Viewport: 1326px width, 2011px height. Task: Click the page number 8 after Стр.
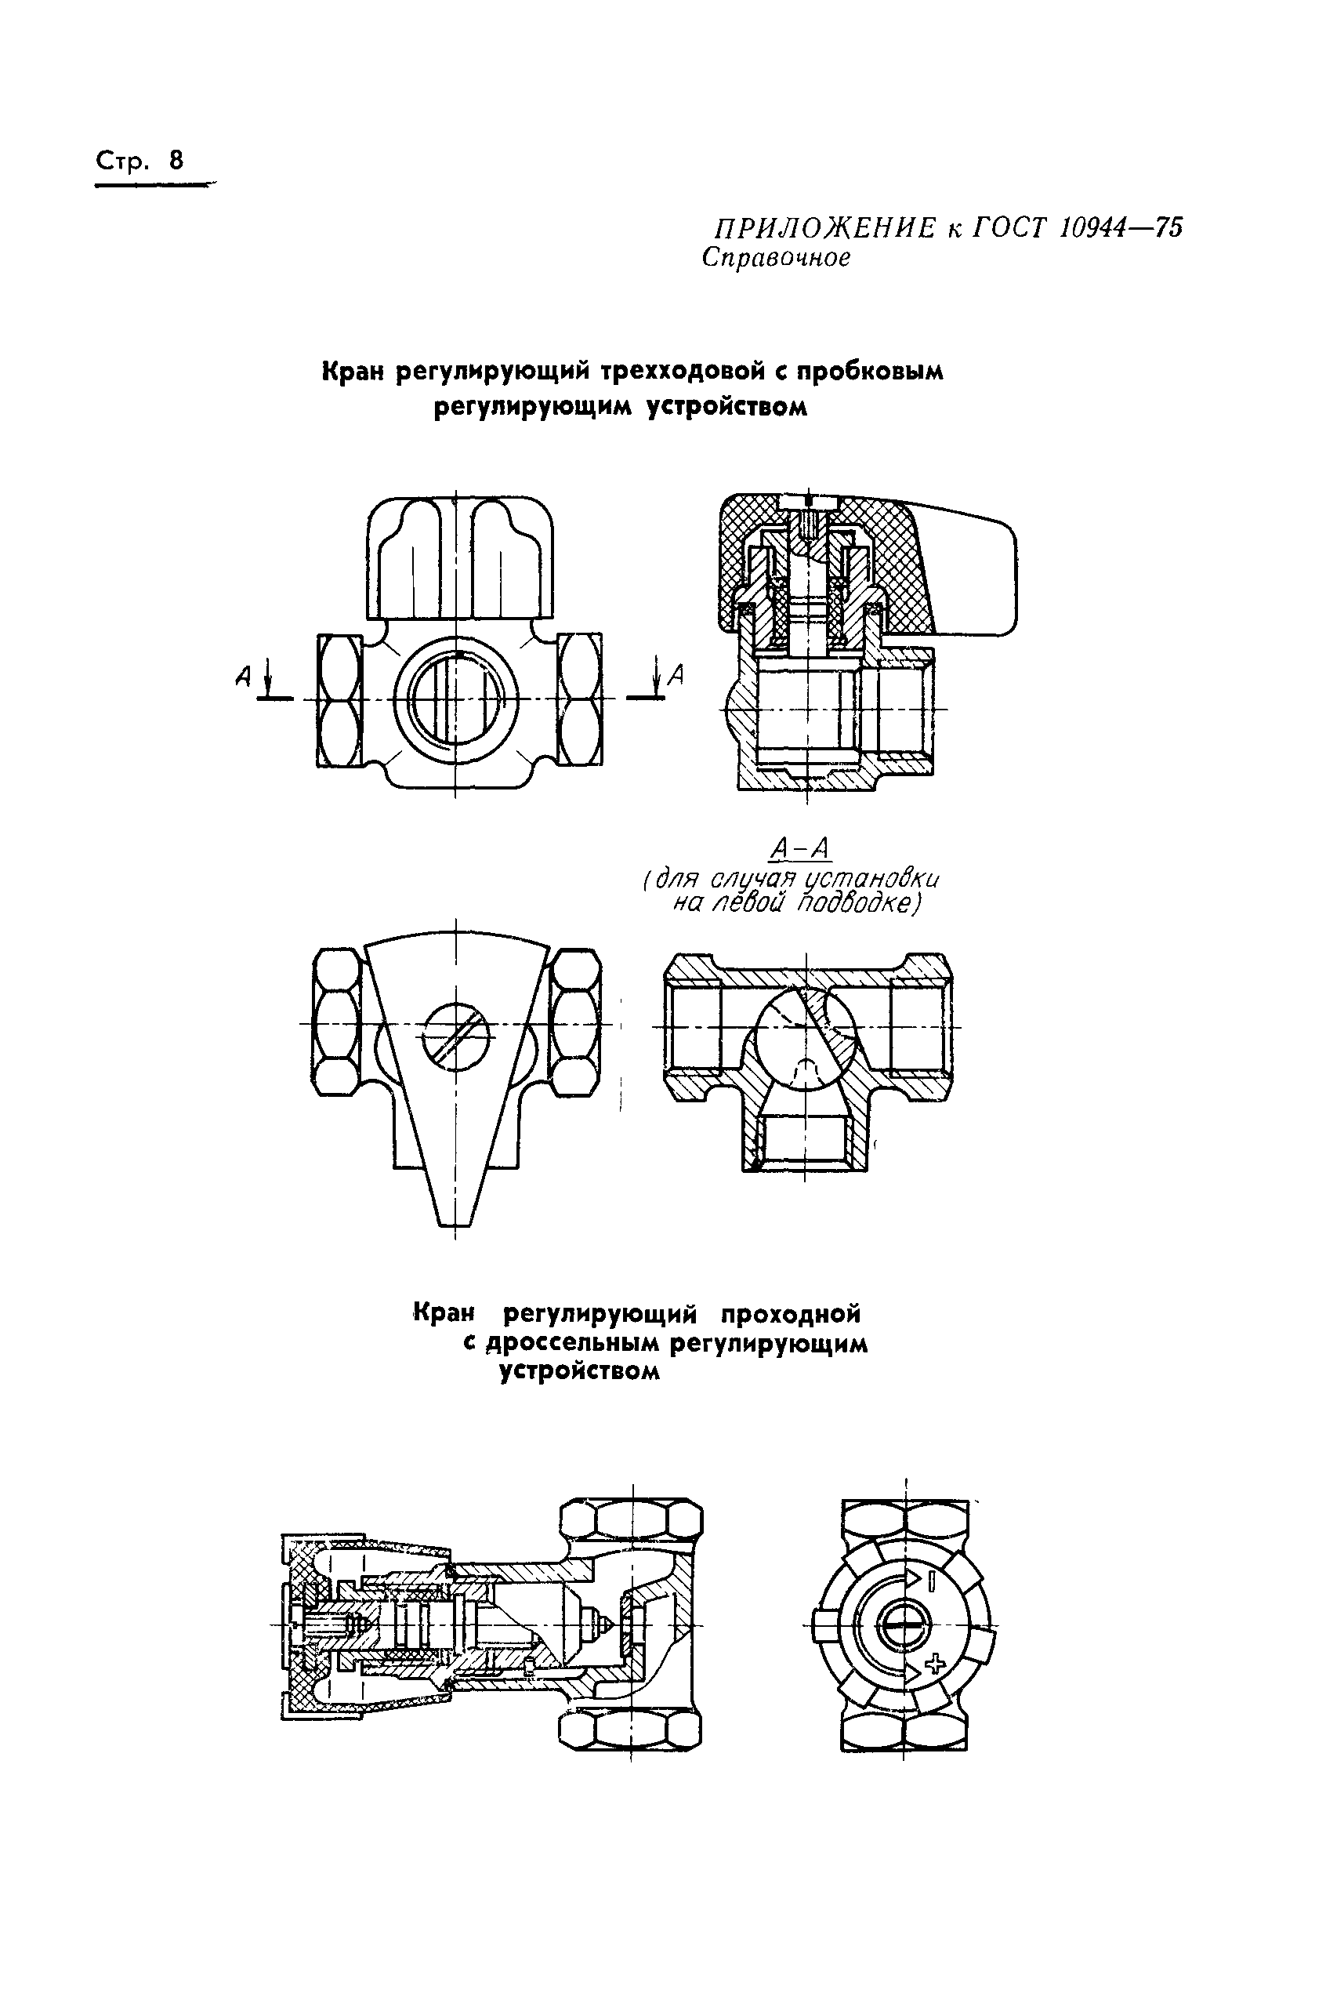[x=176, y=161]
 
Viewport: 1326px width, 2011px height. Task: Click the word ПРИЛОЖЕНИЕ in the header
[x=824, y=228]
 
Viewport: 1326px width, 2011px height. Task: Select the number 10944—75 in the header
[x=1120, y=227]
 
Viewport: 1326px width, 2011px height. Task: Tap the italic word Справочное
[x=776, y=258]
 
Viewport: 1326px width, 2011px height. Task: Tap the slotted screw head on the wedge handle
[x=455, y=1037]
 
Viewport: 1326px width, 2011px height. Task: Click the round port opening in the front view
[x=455, y=699]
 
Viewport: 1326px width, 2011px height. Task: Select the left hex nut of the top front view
[x=340, y=699]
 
